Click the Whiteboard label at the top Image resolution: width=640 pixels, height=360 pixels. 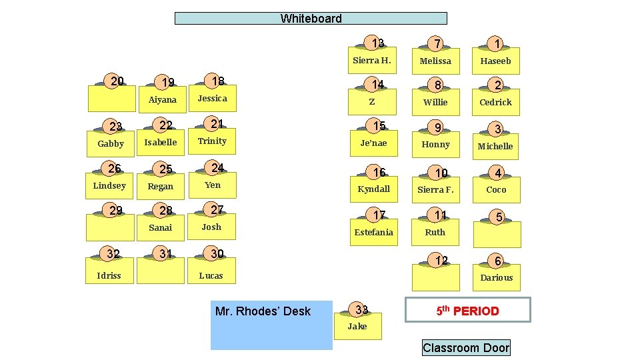click(311, 19)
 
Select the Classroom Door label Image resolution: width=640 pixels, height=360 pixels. click(466, 347)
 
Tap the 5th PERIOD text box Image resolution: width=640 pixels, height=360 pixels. click(468, 311)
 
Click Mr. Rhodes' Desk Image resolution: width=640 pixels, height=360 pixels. click(271, 325)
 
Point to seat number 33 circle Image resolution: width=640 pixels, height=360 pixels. click(361, 309)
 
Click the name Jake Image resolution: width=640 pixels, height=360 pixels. click(357, 326)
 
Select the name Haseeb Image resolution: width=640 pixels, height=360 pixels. click(495, 61)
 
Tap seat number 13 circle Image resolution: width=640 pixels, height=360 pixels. click(377, 43)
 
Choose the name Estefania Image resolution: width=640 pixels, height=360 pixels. click(373, 232)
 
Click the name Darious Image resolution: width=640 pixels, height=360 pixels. click(497, 277)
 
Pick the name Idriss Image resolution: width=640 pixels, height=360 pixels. click(109, 275)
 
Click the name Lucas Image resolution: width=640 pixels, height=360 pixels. click(211, 275)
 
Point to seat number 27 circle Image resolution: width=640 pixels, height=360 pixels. click(216, 209)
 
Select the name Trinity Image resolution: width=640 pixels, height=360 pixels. click(212, 141)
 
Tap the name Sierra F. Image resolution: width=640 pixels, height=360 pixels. click(435, 189)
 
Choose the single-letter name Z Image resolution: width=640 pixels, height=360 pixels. click(372, 102)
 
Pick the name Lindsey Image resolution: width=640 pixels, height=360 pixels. click(109, 185)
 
